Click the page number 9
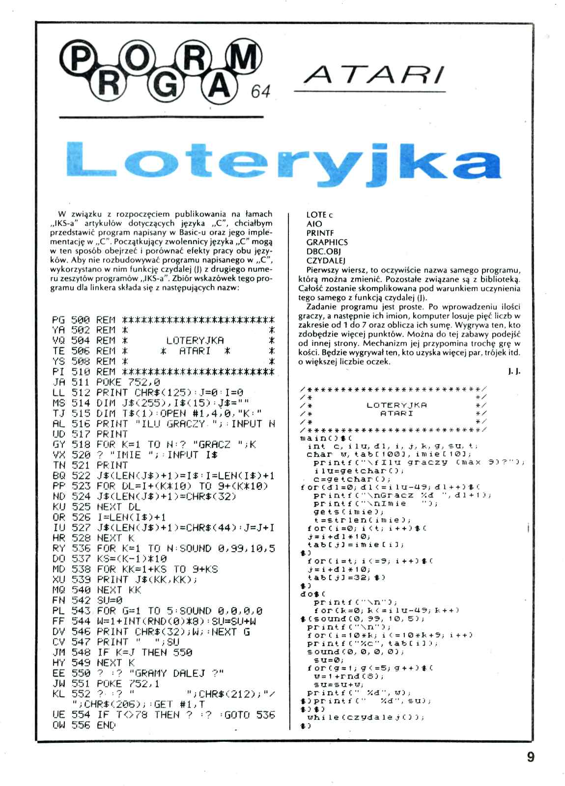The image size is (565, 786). click(x=530, y=756)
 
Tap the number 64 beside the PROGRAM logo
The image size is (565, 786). click(x=260, y=91)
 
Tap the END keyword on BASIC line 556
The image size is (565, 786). click(x=106, y=725)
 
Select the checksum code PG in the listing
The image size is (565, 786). click(x=58, y=320)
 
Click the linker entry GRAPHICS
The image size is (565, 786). click(x=327, y=242)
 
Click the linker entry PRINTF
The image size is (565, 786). click(x=320, y=233)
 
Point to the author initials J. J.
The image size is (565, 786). click(x=514, y=372)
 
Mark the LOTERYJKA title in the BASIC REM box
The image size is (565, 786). click(x=195, y=340)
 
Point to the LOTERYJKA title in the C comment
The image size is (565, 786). click(x=396, y=405)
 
